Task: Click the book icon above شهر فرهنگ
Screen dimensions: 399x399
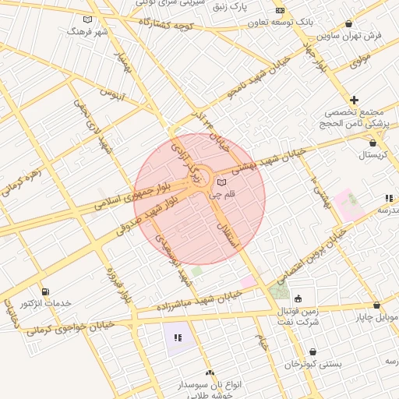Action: (x=87, y=19)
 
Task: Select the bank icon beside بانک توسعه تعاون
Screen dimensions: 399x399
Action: (x=280, y=12)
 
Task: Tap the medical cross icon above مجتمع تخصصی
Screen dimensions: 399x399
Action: (x=354, y=100)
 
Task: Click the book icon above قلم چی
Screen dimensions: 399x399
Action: (x=222, y=182)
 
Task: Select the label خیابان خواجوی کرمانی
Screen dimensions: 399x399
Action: (x=69, y=325)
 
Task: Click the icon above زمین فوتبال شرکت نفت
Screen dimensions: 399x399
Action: (x=298, y=298)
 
